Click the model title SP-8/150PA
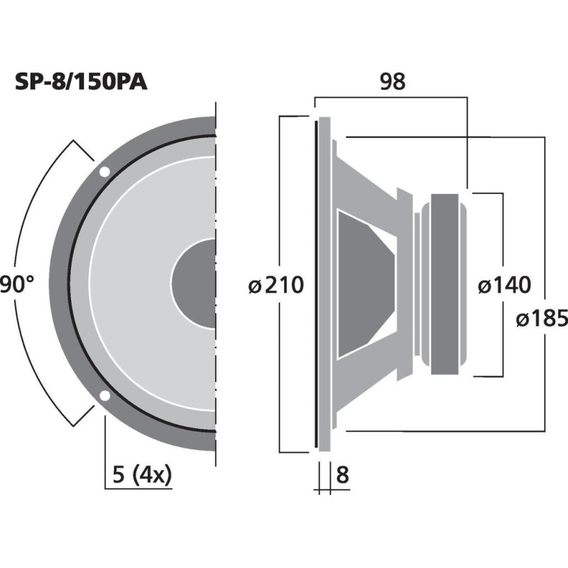click(81, 82)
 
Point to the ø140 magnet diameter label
click(503, 285)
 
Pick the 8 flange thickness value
click(342, 475)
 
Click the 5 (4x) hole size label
click(142, 474)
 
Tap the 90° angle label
click(17, 285)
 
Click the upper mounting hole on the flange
click(104, 172)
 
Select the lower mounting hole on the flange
click(104, 396)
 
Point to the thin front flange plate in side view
click(315, 284)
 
